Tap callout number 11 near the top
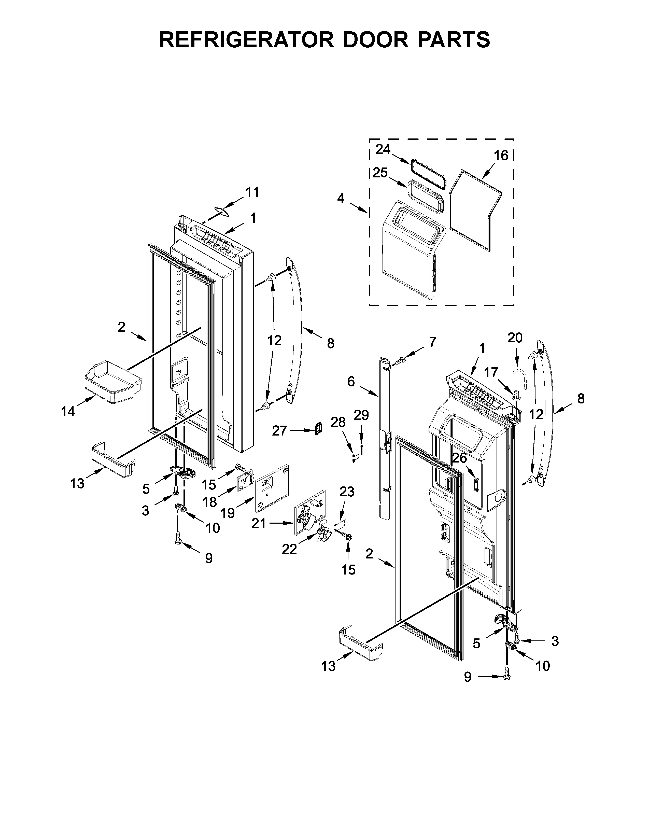[253, 192]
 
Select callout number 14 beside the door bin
[68, 412]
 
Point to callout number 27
[279, 431]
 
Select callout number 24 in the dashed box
[383, 149]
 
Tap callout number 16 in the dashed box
[501, 155]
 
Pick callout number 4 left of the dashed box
[341, 199]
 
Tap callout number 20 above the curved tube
[515, 338]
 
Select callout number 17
[491, 372]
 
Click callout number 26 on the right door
[459, 458]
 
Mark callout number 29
[361, 415]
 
